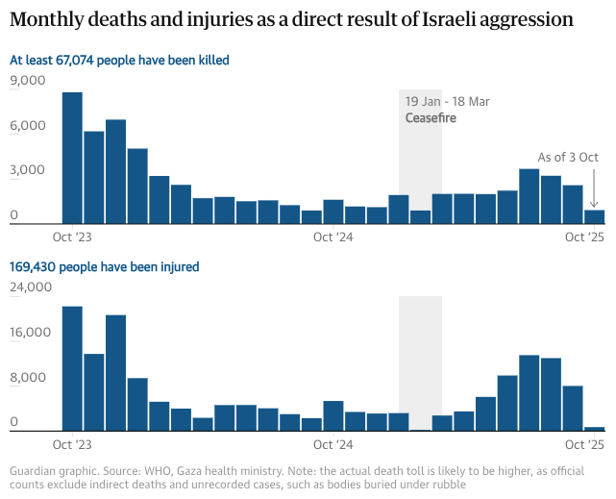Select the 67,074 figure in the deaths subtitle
84,61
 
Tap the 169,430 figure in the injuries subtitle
33,266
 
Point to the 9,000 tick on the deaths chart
28,81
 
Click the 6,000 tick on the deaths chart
28,126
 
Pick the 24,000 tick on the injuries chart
31,287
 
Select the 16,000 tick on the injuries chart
31,333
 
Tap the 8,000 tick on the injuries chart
28,378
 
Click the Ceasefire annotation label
431,118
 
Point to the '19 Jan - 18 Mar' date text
447,102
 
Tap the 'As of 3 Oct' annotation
568,158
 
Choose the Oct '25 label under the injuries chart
583,444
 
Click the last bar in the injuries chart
595,429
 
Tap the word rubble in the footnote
448,485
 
